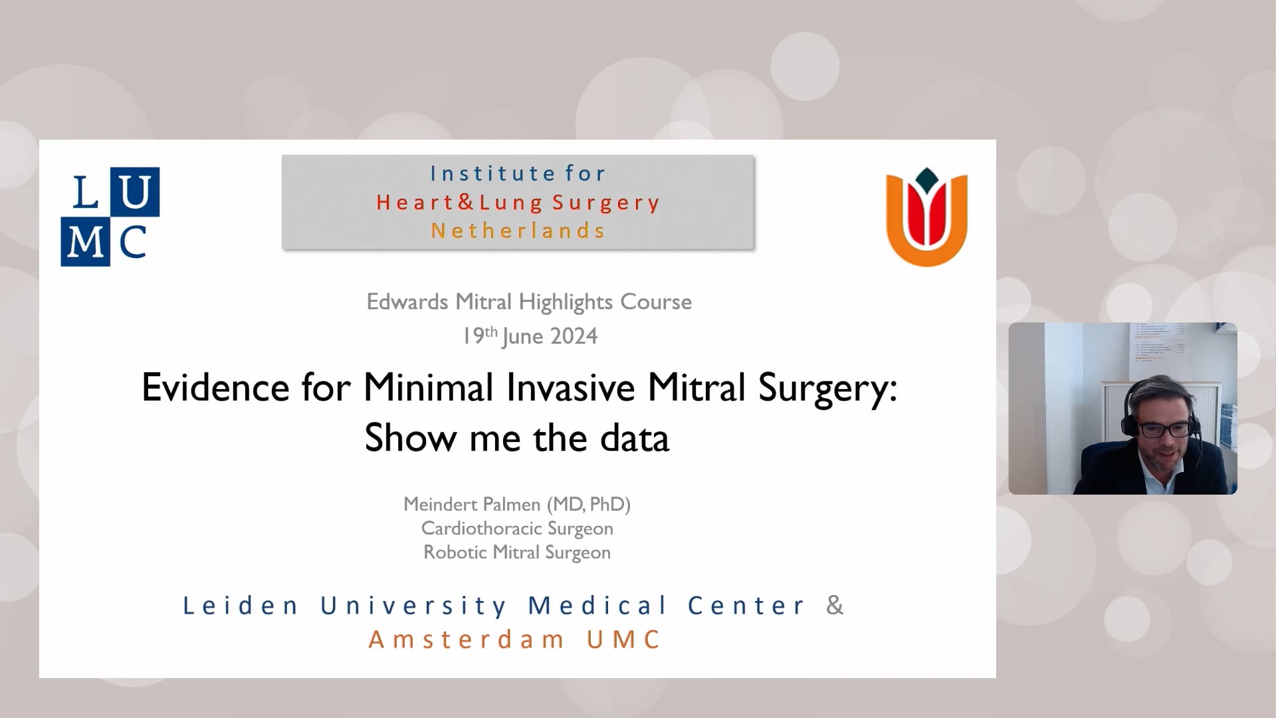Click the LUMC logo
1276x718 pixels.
coord(110,217)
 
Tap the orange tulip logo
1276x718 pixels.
coord(927,217)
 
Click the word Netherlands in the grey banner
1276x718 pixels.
coord(518,231)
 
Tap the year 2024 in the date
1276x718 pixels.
coord(574,336)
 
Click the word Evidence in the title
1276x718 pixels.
coord(215,387)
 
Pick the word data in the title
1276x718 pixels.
coord(635,438)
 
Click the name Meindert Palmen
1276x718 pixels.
coord(473,505)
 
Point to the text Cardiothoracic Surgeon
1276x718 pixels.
coord(517,529)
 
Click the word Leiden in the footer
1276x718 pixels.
coord(241,606)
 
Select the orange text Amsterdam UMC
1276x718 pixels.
coord(515,640)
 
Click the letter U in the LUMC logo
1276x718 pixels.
coord(135,192)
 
